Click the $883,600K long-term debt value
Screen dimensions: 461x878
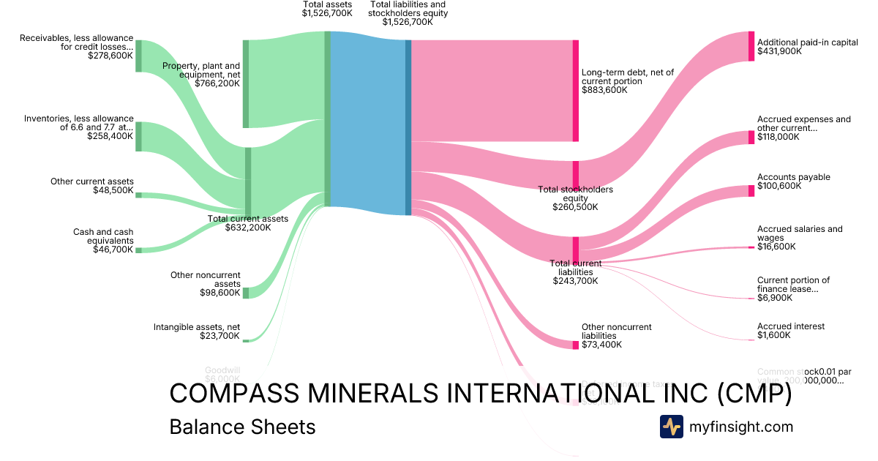pos(604,90)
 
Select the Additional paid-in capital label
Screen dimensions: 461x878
pos(807,42)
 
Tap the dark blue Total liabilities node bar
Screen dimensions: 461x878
pos(408,127)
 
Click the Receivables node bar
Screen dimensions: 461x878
pos(138,56)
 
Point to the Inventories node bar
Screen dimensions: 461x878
pos(138,136)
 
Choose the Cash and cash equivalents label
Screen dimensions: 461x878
pos(103,236)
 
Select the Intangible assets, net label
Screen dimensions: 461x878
pos(196,327)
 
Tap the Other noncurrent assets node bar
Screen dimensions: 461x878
pos(246,293)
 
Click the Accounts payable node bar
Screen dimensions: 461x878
pos(751,191)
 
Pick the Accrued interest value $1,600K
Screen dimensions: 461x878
pos(774,335)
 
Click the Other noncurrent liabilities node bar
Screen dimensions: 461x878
pos(576,345)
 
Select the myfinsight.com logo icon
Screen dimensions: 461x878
pos(671,427)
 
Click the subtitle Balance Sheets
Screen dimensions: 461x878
pos(242,427)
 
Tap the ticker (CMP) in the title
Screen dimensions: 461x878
pos(754,394)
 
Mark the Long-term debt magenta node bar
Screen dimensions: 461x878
pos(576,91)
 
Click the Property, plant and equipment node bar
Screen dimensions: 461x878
pos(246,84)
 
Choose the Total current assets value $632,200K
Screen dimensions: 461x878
pos(247,227)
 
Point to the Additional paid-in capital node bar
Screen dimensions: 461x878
pos(751,46)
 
